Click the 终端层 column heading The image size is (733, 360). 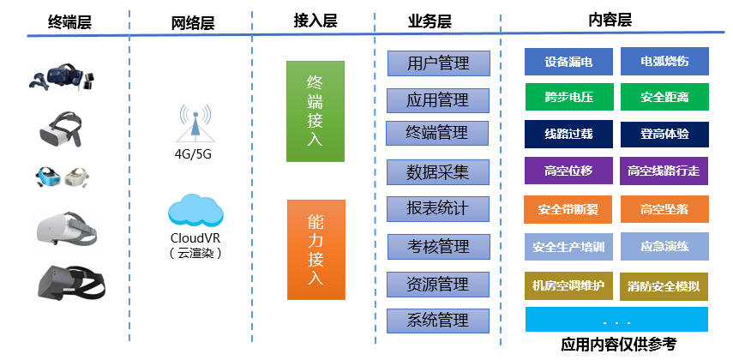point(69,22)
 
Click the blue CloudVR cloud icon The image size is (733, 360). point(195,210)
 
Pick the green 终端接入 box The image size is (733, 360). point(315,111)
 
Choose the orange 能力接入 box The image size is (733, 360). point(316,249)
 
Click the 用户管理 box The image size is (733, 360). point(438,63)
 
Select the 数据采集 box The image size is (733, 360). point(437,172)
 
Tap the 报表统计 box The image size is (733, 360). point(437,209)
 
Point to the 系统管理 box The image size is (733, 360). point(437,321)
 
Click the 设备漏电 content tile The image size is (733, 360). point(568,61)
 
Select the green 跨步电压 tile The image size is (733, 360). point(569,97)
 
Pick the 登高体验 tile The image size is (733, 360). point(664,135)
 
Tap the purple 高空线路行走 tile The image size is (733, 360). point(664,171)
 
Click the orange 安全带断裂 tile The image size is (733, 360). point(568,209)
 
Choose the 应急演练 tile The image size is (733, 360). point(664,246)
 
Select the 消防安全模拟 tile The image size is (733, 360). point(664,286)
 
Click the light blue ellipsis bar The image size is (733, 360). point(616,320)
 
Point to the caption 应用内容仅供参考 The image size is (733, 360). point(618,345)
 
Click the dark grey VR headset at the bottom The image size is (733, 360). point(70,283)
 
